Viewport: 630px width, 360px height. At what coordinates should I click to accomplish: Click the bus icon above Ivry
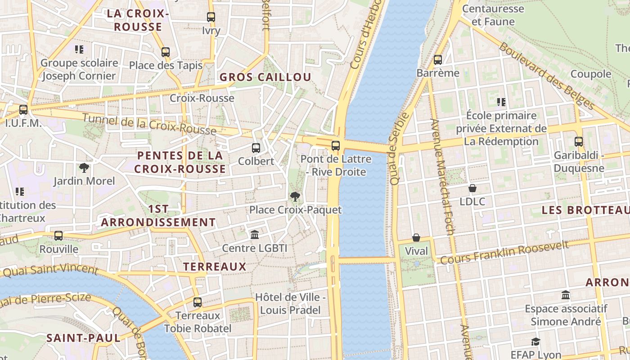(x=211, y=17)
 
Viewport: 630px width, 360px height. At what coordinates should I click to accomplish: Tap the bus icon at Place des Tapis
(x=166, y=52)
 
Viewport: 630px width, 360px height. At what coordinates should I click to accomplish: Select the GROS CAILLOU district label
(x=265, y=77)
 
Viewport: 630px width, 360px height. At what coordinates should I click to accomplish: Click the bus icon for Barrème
(x=438, y=60)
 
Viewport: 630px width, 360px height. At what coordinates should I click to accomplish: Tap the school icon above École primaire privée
(x=501, y=102)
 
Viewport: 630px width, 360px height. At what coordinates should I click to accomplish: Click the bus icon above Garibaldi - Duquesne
(x=579, y=142)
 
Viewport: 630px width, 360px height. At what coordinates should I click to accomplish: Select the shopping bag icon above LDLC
(x=472, y=188)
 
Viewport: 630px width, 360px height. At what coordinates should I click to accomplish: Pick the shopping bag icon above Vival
(x=416, y=238)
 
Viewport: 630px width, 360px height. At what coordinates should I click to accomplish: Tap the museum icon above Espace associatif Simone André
(x=566, y=295)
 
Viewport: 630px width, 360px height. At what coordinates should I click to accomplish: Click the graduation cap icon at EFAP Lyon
(x=535, y=342)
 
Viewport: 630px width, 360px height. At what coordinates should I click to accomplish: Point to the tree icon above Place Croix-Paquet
(x=295, y=196)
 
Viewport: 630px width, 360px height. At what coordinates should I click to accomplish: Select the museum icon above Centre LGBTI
(x=255, y=234)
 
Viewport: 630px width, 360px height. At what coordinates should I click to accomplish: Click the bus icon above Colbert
(x=256, y=148)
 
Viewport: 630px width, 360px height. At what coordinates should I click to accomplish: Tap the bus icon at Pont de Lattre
(x=336, y=145)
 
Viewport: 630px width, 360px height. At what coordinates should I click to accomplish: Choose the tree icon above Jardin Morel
(x=84, y=168)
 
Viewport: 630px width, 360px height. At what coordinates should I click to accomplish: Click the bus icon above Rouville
(x=58, y=235)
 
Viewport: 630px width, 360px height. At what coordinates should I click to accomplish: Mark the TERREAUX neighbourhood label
(x=215, y=266)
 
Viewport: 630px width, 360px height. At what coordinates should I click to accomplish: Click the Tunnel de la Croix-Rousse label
(x=150, y=124)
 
